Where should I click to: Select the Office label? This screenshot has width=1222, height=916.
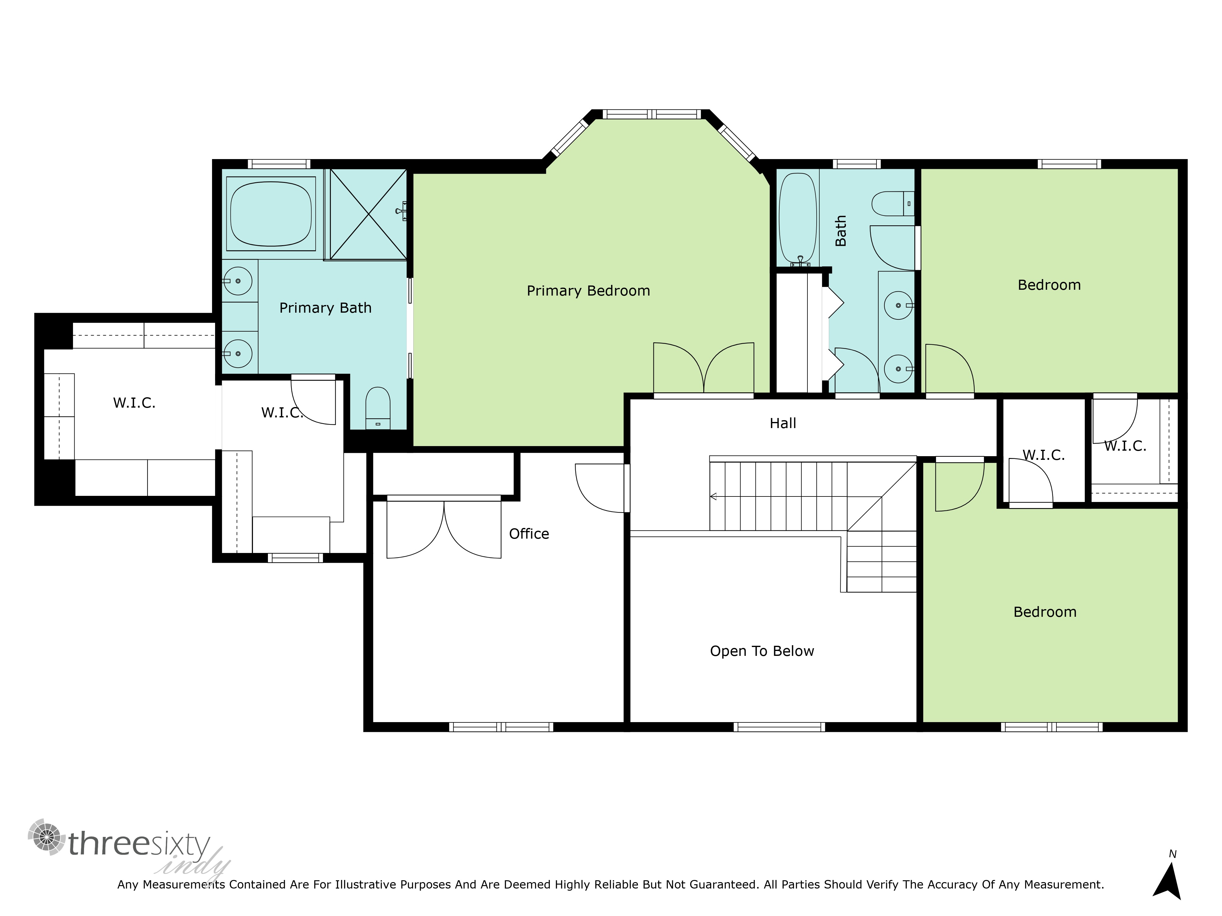tap(529, 534)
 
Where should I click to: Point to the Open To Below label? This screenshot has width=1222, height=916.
tap(762, 652)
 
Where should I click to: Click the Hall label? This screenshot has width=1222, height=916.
tap(783, 423)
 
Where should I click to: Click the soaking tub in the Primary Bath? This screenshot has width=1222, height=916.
tap(271, 214)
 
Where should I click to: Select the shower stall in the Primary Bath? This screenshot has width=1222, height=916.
tap(368, 214)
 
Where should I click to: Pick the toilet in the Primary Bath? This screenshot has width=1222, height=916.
tap(378, 408)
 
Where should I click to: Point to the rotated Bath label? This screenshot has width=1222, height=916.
tap(840, 231)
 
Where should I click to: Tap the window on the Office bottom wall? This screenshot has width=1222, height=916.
tap(501, 727)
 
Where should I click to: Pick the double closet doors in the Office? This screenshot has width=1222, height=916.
tap(444, 527)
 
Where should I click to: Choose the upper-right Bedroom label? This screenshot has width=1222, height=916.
tap(1049, 285)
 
